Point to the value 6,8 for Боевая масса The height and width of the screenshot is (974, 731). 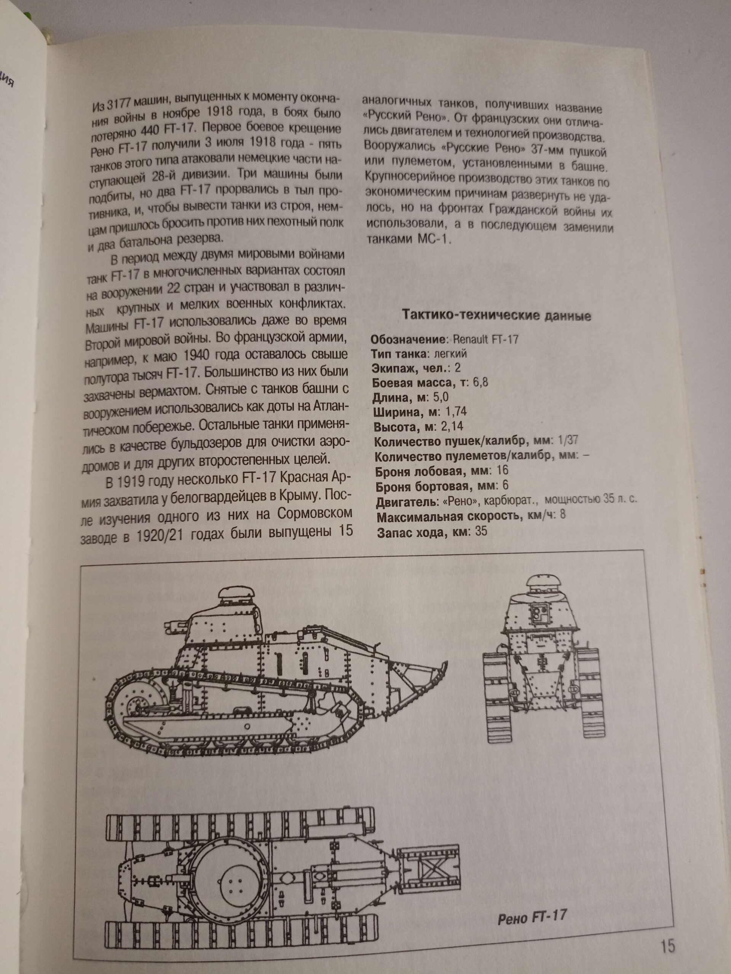click(x=481, y=382)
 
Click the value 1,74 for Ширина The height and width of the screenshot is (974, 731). click(x=456, y=412)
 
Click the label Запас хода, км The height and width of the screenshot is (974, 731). click(x=423, y=532)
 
